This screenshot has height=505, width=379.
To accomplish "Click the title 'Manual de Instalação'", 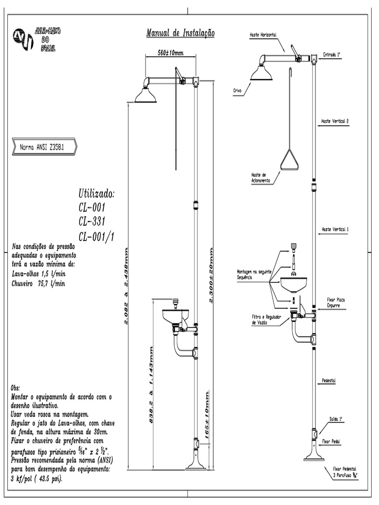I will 180,33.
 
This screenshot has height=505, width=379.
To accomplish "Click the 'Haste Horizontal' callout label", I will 263,35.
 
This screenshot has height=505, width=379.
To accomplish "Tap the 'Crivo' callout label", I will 237,91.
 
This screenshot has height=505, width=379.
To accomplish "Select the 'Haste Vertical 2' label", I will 335,121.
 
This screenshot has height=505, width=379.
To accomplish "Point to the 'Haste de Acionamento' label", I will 259,178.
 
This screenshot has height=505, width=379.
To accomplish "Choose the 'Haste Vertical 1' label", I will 335,229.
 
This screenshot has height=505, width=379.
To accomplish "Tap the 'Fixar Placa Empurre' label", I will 337,302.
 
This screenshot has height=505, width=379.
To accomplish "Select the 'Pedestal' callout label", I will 329,381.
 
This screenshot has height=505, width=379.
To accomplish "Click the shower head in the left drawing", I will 146,95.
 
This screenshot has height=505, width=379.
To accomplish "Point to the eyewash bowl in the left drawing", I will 175,315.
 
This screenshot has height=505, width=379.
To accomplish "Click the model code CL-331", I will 92,220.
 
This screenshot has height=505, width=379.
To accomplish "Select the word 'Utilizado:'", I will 96,192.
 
